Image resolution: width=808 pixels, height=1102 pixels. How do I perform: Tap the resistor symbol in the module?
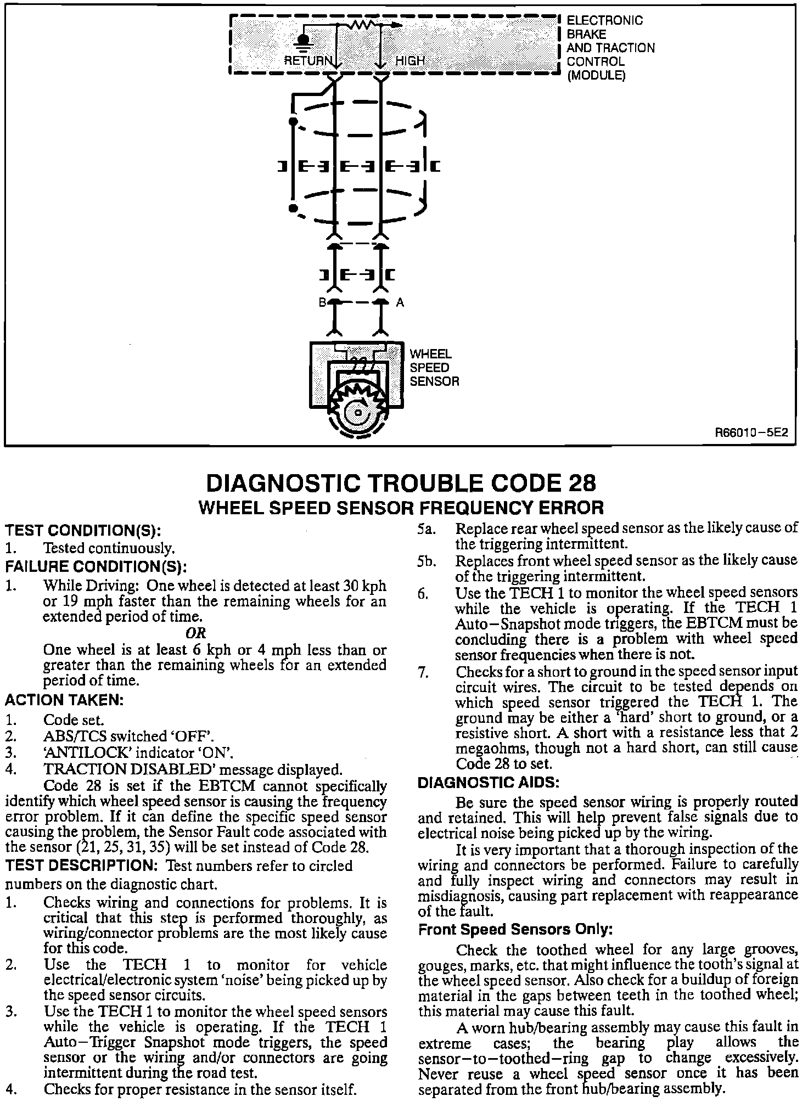(362, 25)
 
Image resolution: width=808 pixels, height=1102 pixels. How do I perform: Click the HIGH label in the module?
(410, 60)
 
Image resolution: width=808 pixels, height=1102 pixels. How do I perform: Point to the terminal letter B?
(323, 302)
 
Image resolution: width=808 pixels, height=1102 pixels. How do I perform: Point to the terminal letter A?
(400, 302)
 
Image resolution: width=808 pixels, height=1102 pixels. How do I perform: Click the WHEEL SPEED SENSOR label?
(434, 368)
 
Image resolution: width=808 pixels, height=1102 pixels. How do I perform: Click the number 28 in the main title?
(579, 483)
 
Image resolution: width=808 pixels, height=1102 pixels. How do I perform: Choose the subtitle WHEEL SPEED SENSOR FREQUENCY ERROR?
(401, 508)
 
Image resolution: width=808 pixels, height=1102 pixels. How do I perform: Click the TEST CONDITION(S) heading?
(83, 531)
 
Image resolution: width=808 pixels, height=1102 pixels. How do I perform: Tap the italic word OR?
(196, 633)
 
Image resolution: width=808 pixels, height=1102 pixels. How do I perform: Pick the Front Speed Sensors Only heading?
(515, 929)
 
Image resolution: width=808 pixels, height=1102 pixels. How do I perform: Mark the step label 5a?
(427, 529)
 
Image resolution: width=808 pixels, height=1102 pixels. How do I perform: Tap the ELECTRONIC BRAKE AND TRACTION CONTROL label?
(610, 48)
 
